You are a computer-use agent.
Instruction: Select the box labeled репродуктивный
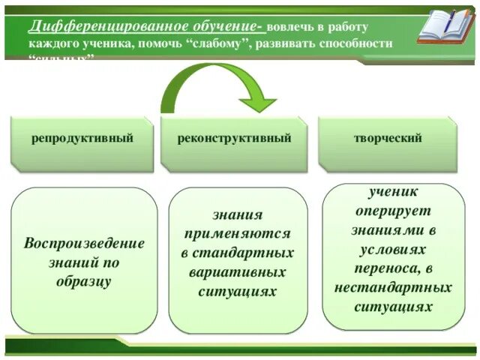pyautogui.click(x=82, y=139)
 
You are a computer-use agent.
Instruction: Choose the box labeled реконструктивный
pyautogui.click(x=234, y=139)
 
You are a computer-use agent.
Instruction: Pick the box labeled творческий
pyautogui.click(x=388, y=139)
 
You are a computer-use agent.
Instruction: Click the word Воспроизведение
pyautogui.click(x=84, y=244)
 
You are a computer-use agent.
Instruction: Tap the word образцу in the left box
pyautogui.click(x=84, y=282)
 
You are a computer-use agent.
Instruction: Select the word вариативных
pyautogui.click(x=237, y=271)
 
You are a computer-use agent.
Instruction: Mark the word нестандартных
pyautogui.click(x=393, y=287)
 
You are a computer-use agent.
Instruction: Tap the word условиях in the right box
pyautogui.click(x=393, y=248)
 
